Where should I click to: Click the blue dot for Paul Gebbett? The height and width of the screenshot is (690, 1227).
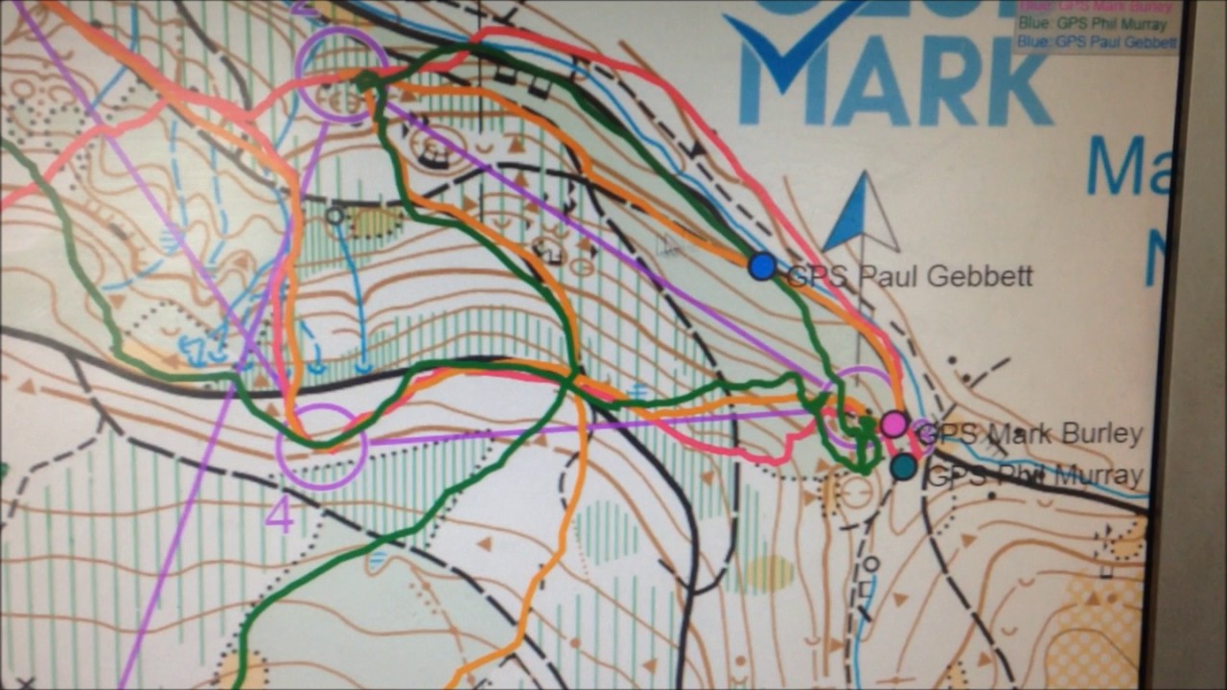762,266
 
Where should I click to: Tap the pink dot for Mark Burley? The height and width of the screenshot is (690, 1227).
894,424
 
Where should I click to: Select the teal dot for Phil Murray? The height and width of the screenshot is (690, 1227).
903,467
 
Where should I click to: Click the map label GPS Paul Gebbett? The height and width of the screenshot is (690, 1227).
910,277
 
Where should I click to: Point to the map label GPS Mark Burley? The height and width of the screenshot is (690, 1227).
1030,434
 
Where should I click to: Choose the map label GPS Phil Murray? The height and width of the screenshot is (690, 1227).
1035,475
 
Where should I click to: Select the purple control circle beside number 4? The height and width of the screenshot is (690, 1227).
321,447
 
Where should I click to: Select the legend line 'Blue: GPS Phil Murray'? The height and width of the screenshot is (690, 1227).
1093,25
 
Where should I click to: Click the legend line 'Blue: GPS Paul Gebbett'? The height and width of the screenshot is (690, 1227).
1097,42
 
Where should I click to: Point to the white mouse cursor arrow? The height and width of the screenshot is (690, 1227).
667,244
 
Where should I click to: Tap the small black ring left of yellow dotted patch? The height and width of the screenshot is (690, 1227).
334,217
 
